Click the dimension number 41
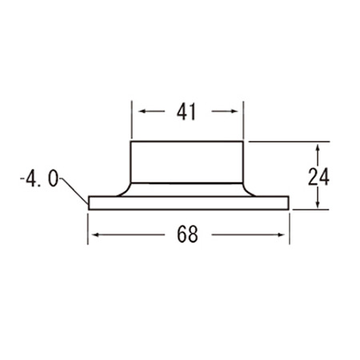pos(186,111)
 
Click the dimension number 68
pos(187,234)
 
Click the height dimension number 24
pos(318,177)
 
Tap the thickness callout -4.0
pos(39,179)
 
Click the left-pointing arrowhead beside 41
pos(142,111)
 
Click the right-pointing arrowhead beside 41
pos(234,111)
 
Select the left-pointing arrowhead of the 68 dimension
pos(96,235)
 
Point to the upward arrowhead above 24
pos(318,148)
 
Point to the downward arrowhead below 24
pos(318,203)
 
